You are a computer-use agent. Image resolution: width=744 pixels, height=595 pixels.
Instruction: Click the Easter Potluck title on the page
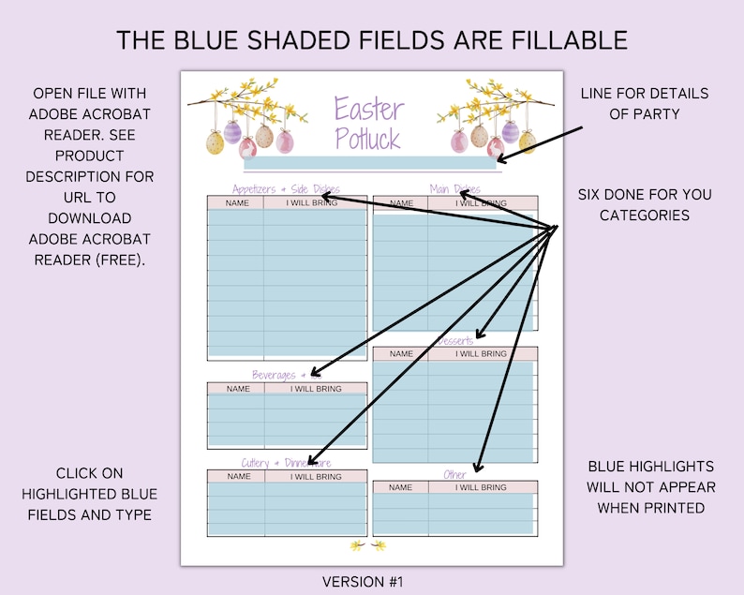(367, 124)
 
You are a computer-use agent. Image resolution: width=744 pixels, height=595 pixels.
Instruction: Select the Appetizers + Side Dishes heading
(285, 188)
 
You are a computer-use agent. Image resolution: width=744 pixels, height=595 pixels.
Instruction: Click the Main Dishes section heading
(454, 188)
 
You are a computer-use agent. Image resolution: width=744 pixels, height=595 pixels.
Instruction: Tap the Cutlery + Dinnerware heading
(286, 463)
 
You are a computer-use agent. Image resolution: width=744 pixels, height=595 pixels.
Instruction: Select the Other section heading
(454, 475)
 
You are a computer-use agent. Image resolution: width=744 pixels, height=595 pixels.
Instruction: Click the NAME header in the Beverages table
(238, 388)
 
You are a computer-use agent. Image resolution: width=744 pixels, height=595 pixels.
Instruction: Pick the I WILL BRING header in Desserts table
(482, 354)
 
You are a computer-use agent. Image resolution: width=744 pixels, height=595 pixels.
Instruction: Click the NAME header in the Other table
(400, 487)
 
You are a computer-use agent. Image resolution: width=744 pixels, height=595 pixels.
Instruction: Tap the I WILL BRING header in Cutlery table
(316, 476)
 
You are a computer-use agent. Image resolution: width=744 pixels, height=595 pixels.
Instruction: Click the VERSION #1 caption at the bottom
(363, 582)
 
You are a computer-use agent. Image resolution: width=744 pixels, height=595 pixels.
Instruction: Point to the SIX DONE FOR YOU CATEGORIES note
(644, 205)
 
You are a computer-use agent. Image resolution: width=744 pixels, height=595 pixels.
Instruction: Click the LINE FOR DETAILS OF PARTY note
(644, 104)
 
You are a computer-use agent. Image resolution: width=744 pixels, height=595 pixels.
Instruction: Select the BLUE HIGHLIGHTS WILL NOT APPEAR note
(651, 486)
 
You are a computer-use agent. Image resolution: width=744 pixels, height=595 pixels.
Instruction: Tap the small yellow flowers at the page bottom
(367, 545)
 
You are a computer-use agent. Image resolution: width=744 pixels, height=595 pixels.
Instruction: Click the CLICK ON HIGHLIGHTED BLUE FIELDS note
(90, 494)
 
